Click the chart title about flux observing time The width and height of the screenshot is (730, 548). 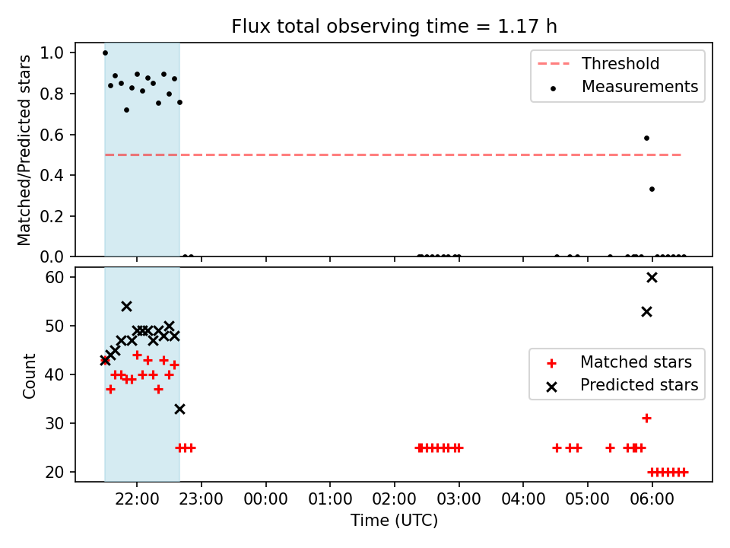click(x=394, y=26)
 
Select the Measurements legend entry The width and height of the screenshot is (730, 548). click(x=624, y=87)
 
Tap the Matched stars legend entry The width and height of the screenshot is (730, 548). click(x=619, y=362)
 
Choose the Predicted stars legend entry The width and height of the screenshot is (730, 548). click(x=622, y=385)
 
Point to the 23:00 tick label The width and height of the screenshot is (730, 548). click(x=201, y=499)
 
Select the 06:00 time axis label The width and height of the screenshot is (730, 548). click(x=652, y=499)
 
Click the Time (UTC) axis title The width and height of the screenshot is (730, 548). click(x=394, y=520)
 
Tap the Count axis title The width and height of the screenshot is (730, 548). click(x=29, y=375)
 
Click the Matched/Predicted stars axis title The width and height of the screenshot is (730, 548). click(x=24, y=150)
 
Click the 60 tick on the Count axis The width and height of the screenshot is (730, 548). click(x=54, y=277)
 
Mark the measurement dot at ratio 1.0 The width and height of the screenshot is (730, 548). click(x=105, y=53)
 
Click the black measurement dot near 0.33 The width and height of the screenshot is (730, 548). click(x=652, y=190)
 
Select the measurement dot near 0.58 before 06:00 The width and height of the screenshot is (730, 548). click(x=646, y=138)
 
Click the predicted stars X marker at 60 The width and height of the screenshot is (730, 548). click(x=652, y=278)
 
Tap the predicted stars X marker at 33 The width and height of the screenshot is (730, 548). click(x=179, y=409)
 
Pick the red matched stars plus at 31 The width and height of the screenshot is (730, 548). click(x=646, y=419)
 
